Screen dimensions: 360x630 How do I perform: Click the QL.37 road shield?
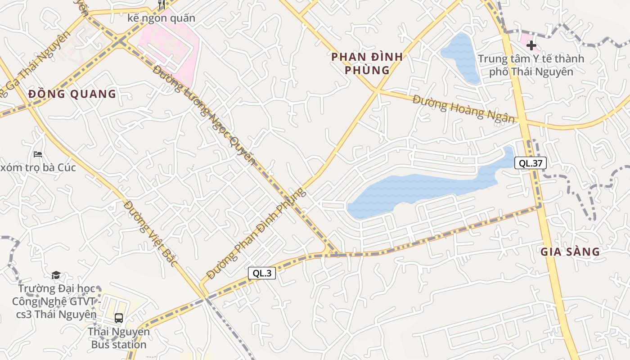click(x=531, y=163)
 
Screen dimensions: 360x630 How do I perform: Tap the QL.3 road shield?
click(x=261, y=273)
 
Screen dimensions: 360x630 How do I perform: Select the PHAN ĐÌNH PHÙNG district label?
click(x=367, y=63)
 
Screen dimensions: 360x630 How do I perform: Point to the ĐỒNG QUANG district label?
click(x=72, y=94)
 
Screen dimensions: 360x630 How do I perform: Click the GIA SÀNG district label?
click(x=570, y=252)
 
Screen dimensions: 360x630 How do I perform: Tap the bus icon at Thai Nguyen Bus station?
click(x=118, y=318)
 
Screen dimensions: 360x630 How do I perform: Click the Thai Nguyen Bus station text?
click(x=118, y=338)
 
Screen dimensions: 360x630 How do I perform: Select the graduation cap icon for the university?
click(x=56, y=275)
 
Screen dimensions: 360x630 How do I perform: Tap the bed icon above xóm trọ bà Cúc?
click(x=38, y=154)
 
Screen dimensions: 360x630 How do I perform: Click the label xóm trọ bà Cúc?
click(x=38, y=168)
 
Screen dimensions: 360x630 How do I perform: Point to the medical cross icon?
click(x=531, y=45)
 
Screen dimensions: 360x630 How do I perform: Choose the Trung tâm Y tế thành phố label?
click(x=531, y=65)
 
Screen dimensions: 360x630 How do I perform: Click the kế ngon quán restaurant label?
click(x=162, y=18)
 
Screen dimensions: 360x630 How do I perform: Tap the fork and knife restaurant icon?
click(x=162, y=4)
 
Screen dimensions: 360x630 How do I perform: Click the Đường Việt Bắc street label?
click(x=151, y=234)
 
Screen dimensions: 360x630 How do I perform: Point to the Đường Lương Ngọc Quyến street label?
click(x=205, y=115)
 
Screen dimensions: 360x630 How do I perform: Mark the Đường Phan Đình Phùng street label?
click(x=256, y=234)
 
